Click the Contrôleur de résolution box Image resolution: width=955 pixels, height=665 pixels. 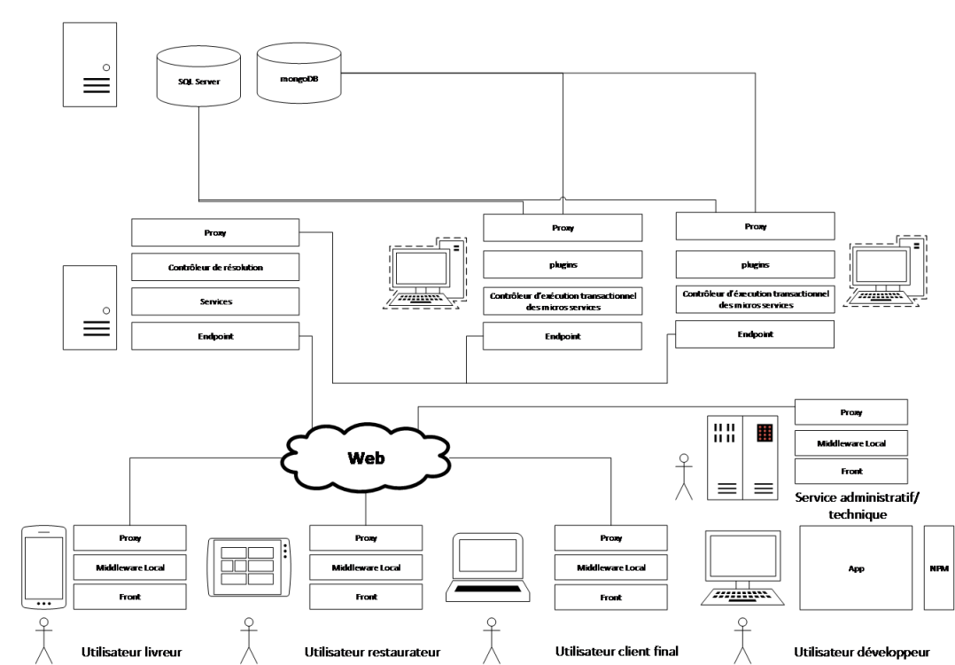(215, 267)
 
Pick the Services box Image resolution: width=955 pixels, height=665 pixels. (215, 301)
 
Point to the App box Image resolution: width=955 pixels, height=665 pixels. (856, 567)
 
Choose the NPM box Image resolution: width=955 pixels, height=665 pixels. (939, 567)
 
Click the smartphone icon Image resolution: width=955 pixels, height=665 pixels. (44, 567)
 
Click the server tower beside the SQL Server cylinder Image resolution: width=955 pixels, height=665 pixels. (90, 66)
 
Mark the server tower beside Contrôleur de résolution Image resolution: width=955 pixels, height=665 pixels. (90, 307)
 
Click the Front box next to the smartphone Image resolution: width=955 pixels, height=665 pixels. (130, 597)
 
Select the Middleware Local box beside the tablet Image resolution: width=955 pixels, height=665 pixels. (366, 567)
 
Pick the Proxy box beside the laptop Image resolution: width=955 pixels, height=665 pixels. (610, 538)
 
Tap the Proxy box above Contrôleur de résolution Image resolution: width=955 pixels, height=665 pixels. (215, 232)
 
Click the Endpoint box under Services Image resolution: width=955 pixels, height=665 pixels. (215, 336)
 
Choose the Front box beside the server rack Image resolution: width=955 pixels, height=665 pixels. (851, 471)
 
